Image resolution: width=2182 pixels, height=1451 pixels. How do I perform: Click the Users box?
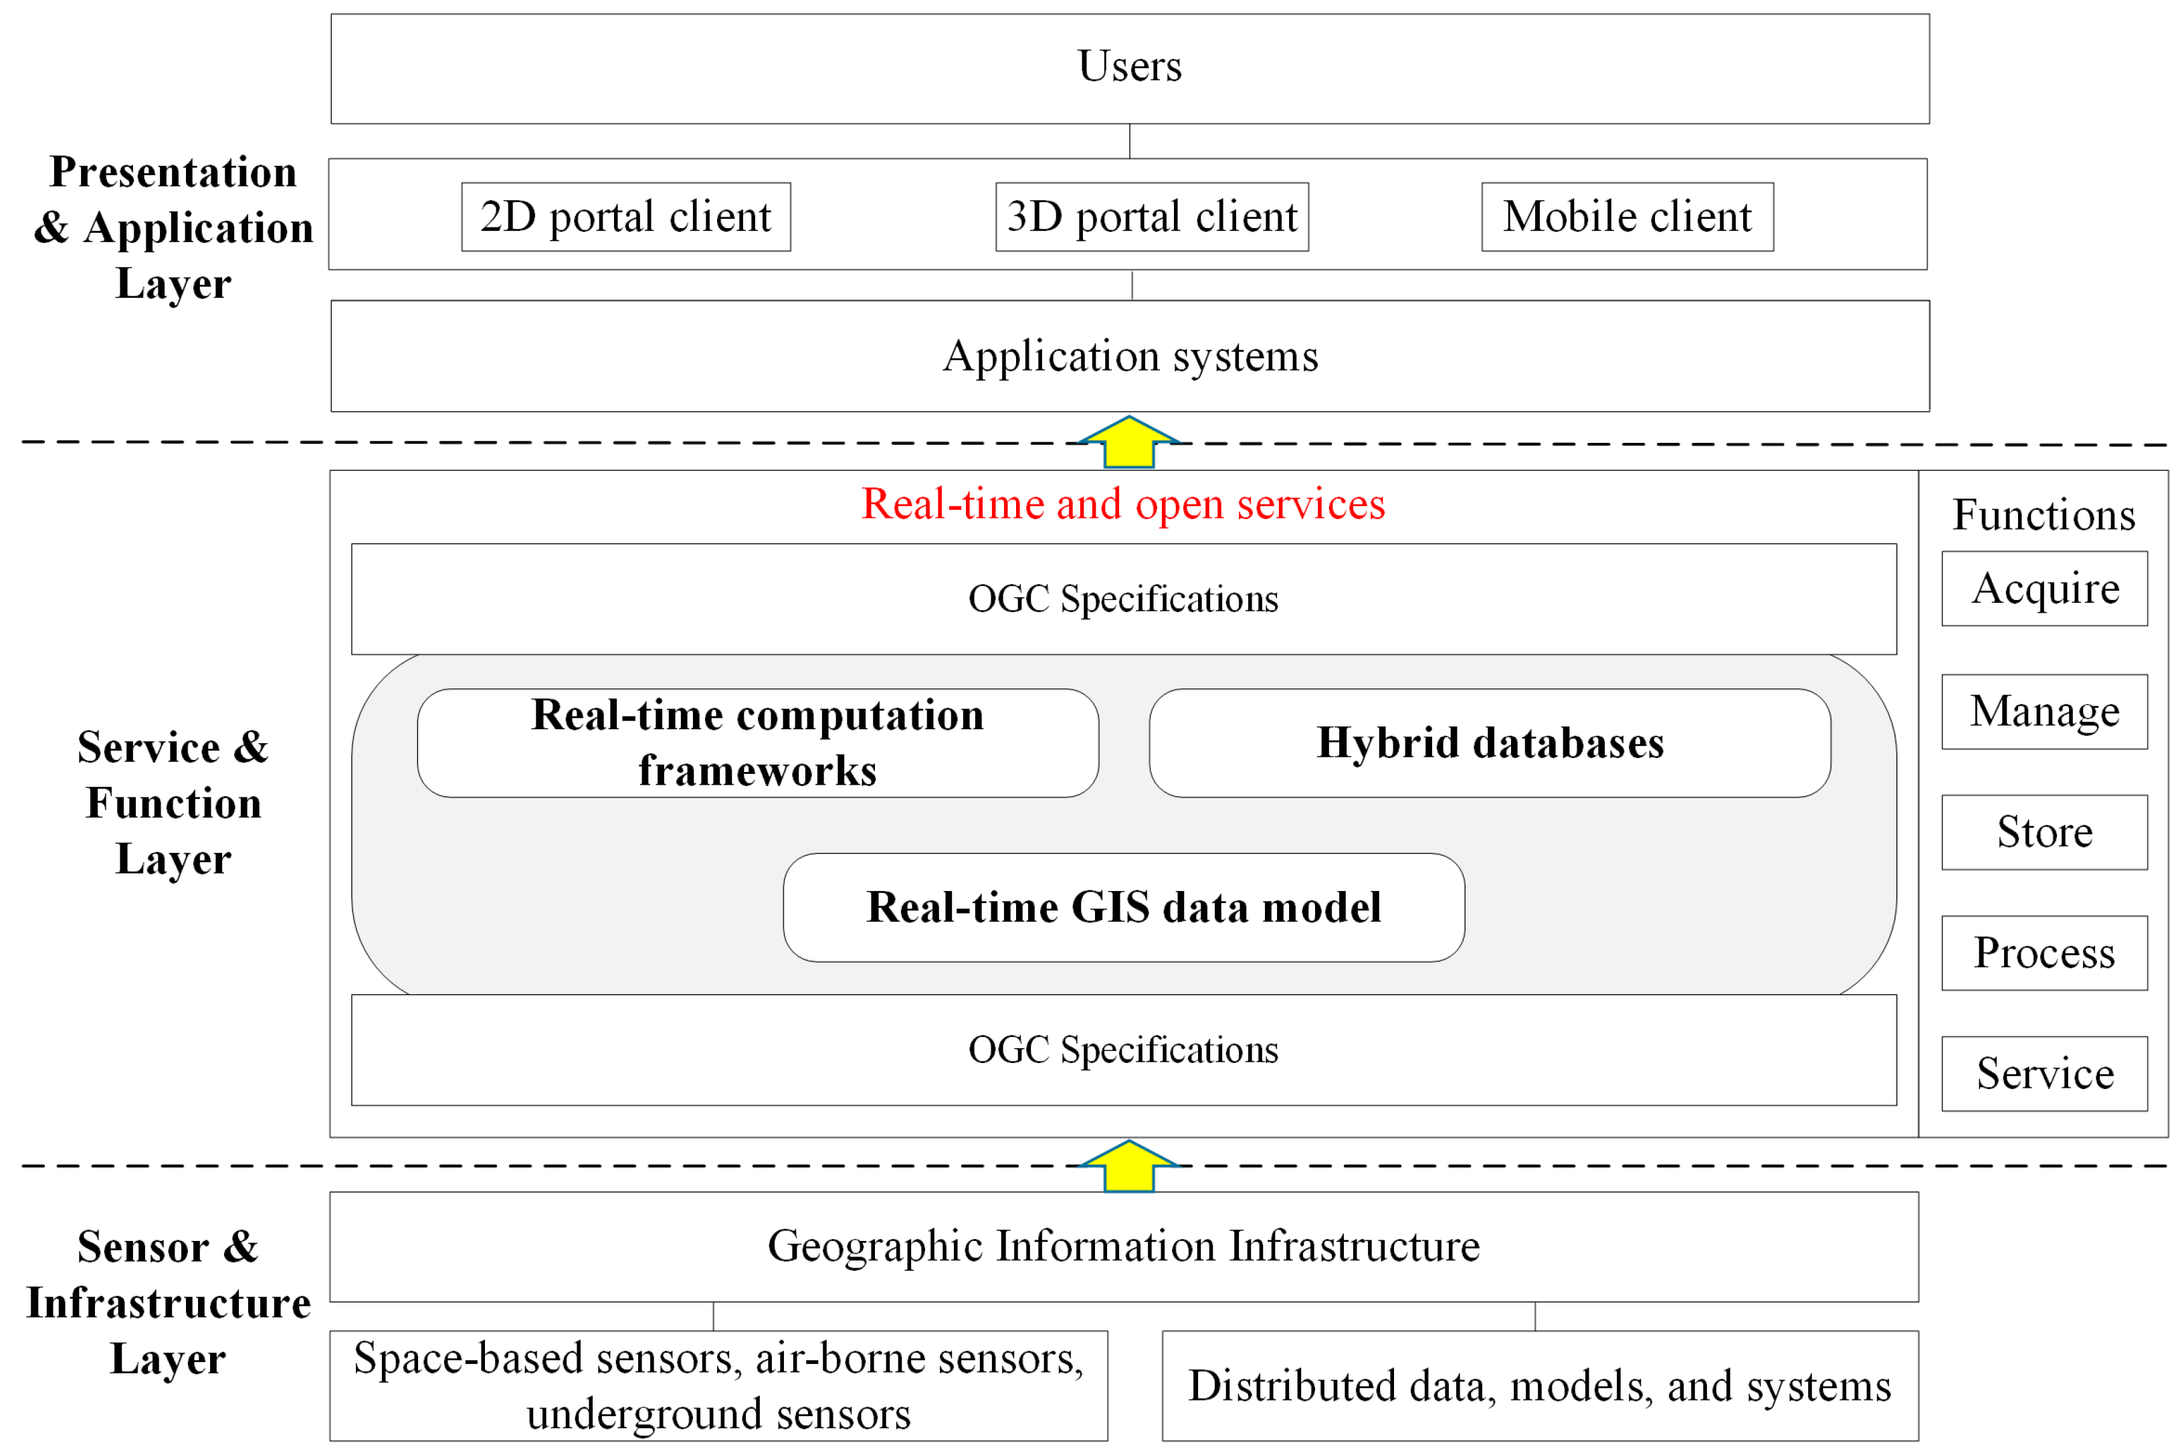[x=1130, y=68]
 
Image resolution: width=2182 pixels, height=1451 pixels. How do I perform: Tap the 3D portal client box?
[x=1152, y=217]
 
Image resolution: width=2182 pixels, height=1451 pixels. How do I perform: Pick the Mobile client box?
[x=1627, y=217]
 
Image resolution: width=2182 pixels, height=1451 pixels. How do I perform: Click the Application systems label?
[x=1130, y=357]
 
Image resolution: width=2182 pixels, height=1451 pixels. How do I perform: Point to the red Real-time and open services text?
[x=1123, y=504]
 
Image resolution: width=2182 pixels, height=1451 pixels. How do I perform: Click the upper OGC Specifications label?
[x=1123, y=599]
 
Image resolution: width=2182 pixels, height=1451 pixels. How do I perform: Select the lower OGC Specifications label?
[x=1123, y=1050]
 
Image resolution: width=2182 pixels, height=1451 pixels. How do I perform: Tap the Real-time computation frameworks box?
[x=758, y=743]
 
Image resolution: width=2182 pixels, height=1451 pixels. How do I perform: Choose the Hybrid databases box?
[x=1490, y=743]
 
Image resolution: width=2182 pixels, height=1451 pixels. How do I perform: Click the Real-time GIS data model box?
[x=1123, y=908]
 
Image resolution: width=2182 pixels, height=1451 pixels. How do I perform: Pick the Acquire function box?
[x=2044, y=589]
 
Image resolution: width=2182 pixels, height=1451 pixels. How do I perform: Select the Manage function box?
[x=2044, y=712]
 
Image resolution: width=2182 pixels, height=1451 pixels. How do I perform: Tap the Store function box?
[x=2044, y=832]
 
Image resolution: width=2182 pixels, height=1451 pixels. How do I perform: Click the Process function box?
[x=2044, y=953]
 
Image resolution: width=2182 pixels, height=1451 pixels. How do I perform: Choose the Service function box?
[x=2044, y=1074]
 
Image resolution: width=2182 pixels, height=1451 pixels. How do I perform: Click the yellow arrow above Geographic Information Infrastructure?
[x=1129, y=1166]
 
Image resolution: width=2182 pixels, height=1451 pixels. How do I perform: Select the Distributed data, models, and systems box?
[x=1540, y=1385]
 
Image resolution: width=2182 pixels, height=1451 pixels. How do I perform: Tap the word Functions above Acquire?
[x=2044, y=514]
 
